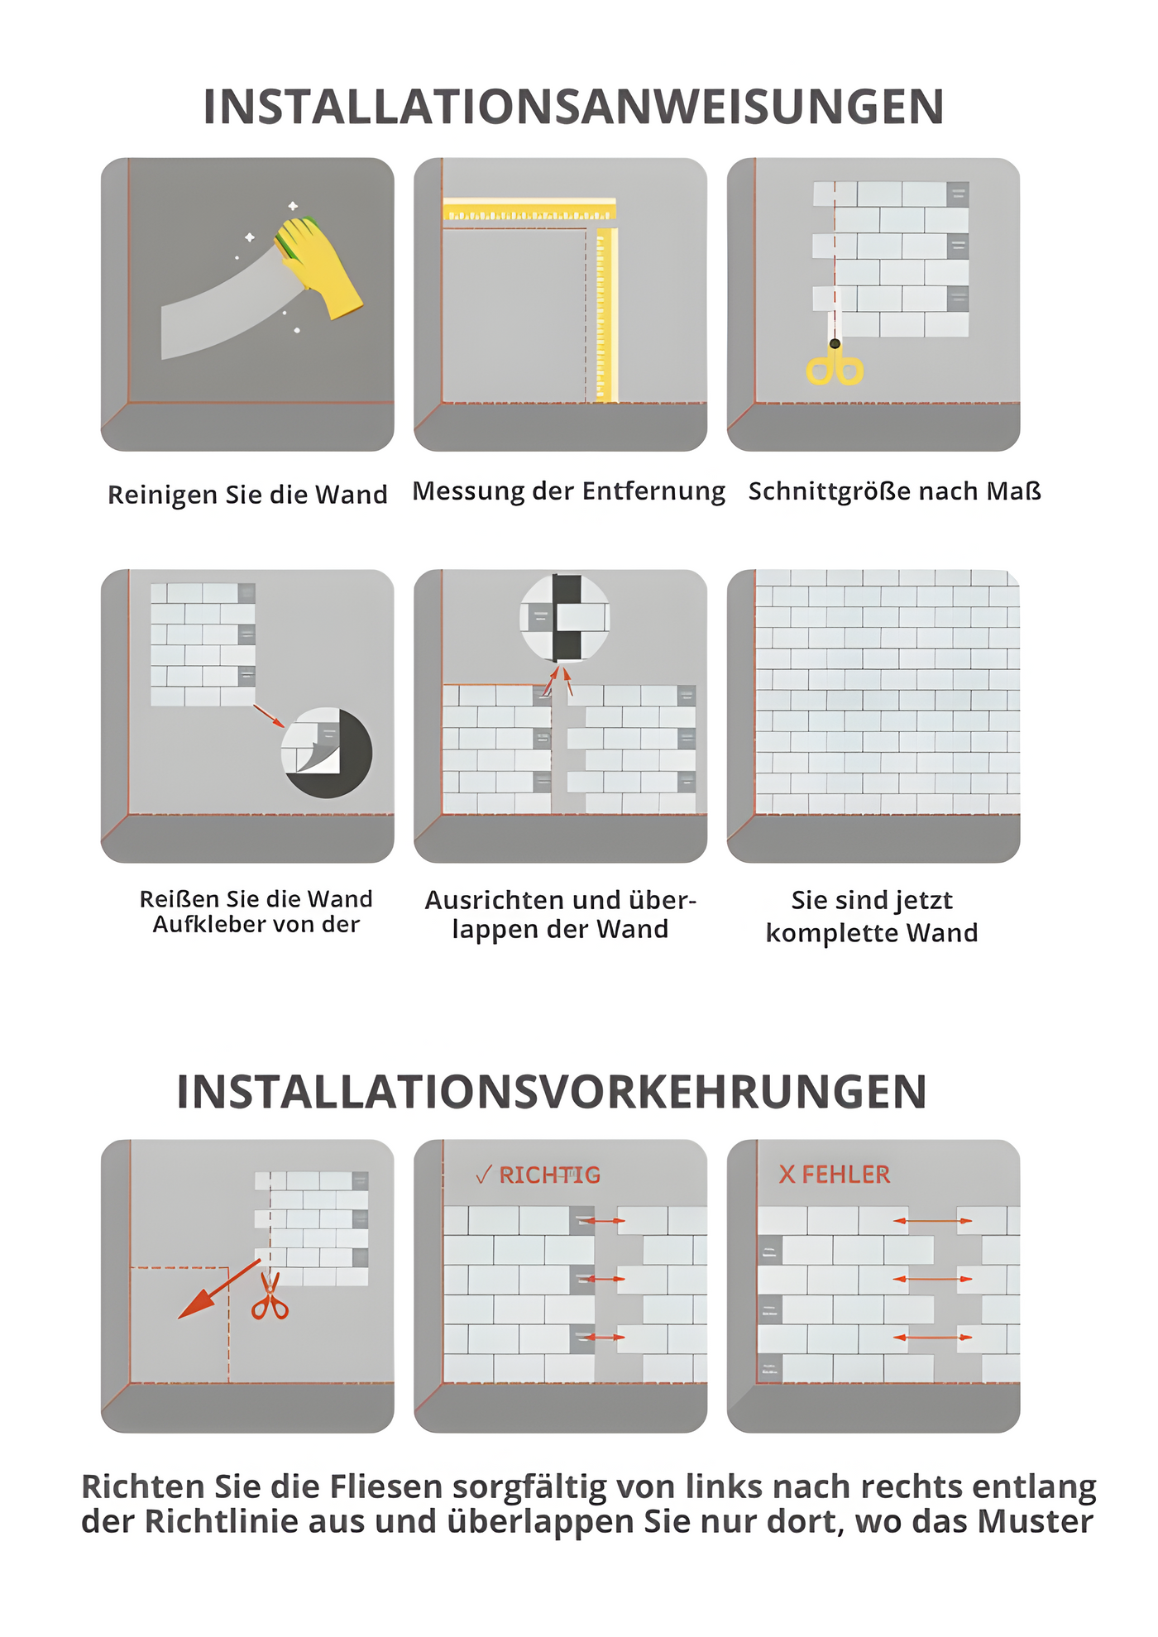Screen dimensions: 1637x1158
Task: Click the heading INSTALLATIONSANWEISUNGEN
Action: (573, 108)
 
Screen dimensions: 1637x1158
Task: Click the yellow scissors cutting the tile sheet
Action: (835, 364)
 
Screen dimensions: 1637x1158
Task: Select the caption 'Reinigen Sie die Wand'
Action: (247, 495)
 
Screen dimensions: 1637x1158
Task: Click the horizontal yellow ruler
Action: (529, 210)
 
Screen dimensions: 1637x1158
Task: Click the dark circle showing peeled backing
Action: (328, 753)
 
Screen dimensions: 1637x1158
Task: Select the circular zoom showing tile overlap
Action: (566, 617)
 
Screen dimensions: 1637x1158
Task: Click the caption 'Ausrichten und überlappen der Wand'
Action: (560, 914)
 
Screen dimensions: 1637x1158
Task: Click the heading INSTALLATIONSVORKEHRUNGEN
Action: (552, 1092)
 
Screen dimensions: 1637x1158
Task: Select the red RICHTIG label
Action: (538, 1175)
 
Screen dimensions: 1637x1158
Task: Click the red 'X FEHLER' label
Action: (834, 1175)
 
